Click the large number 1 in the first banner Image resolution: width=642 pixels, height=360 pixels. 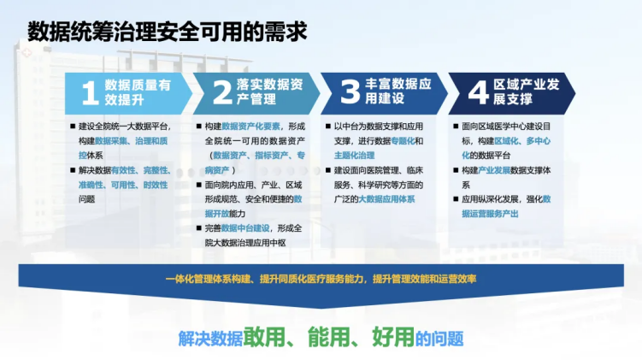tap(90, 93)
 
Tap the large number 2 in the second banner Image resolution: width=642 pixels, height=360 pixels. tap(222, 92)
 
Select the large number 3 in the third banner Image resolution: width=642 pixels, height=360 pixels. tap(350, 91)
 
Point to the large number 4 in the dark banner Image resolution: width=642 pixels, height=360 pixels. tap(478, 92)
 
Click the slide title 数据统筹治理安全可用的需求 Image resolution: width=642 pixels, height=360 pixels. tap(167, 32)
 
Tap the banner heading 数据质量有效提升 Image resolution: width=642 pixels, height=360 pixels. tap(138, 92)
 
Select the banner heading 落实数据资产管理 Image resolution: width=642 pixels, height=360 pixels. tap(270, 91)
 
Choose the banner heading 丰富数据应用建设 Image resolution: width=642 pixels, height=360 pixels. tap(398, 91)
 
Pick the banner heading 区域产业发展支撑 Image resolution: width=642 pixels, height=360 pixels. tap(526, 91)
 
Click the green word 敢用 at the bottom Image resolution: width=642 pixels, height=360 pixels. tap(264, 337)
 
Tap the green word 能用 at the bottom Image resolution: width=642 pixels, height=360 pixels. tap(328, 337)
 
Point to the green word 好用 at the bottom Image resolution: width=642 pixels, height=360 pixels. tap(393, 337)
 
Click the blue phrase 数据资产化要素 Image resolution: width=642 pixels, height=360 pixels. tap(250, 127)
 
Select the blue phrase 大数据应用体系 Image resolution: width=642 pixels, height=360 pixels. tap(386, 199)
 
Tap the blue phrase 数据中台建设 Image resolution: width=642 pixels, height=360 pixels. tap(245, 228)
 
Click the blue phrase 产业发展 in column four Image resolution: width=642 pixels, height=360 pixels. tap(494, 170)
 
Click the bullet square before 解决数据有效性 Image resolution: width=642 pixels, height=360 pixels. tap(73, 170)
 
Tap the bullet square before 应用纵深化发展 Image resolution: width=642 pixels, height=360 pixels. tap(456, 199)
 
